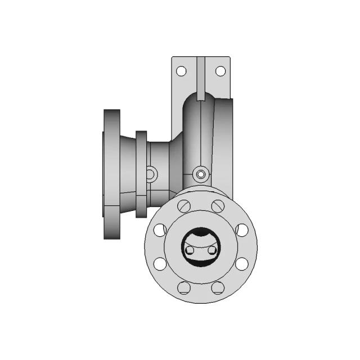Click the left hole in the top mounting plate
tap(181, 71)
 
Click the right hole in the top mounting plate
tap(220, 71)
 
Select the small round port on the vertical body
tap(201, 175)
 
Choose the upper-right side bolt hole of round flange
tap(242, 229)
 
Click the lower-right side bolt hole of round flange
tap(242, 263)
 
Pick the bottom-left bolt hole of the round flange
tap(184, 288)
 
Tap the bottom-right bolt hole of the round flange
tap(218, 288)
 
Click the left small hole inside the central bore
tap(191, 249)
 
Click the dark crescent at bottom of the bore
tap(201, 259)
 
